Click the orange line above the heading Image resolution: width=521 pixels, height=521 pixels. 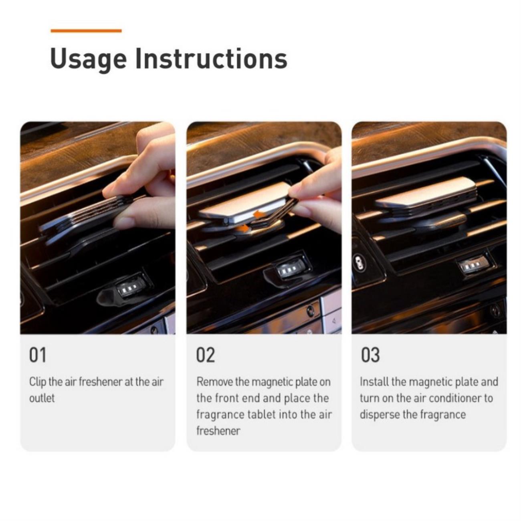pyautogui.click(x=86, y=31)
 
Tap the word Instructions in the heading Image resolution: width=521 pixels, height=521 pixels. pyautogui.click(x=211, y=59)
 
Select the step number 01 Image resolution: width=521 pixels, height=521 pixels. pyautogui.click(x=38, y=355)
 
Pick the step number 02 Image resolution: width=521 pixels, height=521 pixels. pyautogui.click(x=206, y=355)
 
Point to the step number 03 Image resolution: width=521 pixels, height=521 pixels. pyautogui.click(x=370, y=355)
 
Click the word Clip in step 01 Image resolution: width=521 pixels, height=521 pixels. pyautogui.click(x=38, y=382)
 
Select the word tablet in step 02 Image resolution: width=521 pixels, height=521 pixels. pyautogui.click(x=260, y=414)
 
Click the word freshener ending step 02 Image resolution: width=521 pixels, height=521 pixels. pyautogui.click(x=218, y=431)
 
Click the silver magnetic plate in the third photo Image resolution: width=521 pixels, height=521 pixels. pyautogui.click(x=426, y=193)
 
